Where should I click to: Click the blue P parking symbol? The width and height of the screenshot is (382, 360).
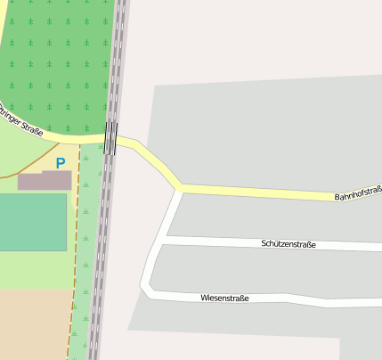point(61,163)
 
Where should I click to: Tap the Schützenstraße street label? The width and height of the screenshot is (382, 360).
point(289,243)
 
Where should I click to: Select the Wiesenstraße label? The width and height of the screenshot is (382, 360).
point(224,298)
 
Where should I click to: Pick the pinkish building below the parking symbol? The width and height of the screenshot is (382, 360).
point(45,181)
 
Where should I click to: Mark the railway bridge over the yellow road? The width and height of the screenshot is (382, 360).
point(110,138)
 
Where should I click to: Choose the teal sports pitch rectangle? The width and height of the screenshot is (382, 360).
point(32,222)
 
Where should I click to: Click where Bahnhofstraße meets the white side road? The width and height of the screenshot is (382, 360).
point(181,188)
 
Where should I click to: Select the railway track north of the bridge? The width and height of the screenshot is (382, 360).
point(117,53)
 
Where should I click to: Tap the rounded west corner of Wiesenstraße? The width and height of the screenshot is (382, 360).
point(146,287)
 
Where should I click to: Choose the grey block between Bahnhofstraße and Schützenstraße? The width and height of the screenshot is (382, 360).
point(267,216)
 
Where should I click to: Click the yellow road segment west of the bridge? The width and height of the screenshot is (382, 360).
point(76,136)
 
